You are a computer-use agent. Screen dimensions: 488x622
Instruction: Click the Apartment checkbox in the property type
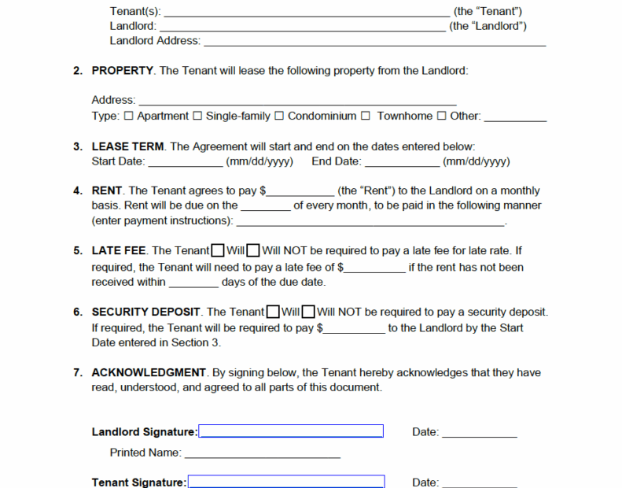click(x=130, y=116)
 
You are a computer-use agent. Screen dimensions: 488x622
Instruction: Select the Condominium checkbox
click(x=279, y=116)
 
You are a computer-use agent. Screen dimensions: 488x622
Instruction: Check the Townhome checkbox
click(x=366, y=116)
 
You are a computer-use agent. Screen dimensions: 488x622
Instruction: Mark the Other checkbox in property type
click(x=442, y=116)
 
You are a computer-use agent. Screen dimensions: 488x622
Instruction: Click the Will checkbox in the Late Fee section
click(x=218, y=251)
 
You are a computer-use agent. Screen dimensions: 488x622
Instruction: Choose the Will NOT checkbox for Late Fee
click(x=254, y=251)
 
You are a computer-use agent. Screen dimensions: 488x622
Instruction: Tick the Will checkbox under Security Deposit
click(x=274, y=312)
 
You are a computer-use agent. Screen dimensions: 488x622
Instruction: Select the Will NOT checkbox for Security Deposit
click(x=310, y=312)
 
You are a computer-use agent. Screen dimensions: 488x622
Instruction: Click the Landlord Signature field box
click(x=291, y=431)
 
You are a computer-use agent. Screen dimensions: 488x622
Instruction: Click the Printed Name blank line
click(x=262, y=454)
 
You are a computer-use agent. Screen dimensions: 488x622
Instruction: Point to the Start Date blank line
click(x=185, y=163)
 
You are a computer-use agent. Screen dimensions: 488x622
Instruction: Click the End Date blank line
click(x=402, y=163)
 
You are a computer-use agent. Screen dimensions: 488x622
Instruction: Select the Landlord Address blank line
click(x=374, y=42)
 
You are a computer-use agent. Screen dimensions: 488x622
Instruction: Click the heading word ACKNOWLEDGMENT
click(x=149, y=372)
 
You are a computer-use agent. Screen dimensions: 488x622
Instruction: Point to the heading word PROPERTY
click(x=123, y=71)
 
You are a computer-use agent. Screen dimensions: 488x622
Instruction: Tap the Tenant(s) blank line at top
click(x=307, y=13)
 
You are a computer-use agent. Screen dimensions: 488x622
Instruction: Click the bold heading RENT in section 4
click(x=108, y=190)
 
